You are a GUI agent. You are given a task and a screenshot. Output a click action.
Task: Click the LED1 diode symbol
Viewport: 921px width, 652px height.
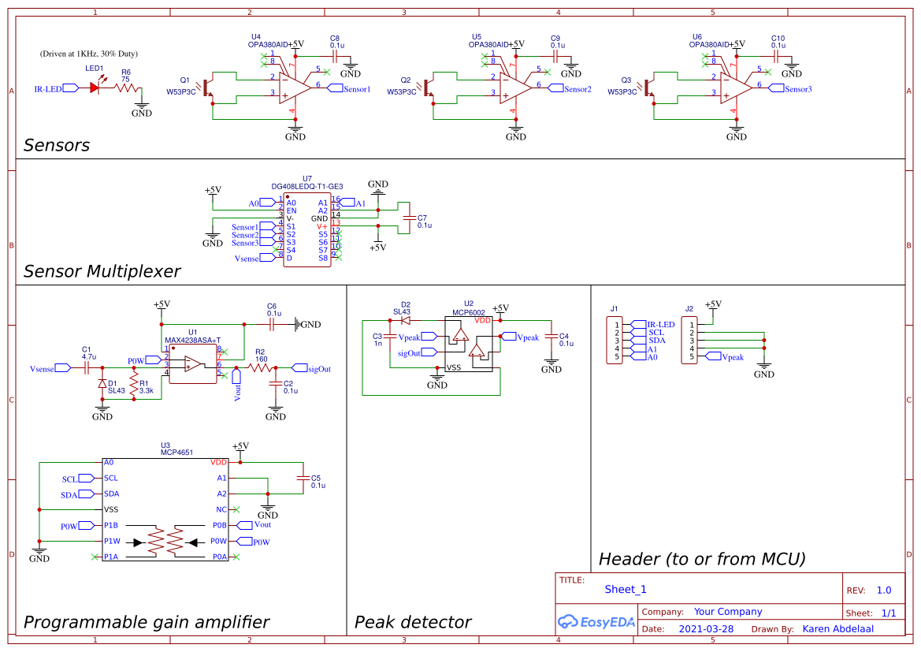click(96, 88)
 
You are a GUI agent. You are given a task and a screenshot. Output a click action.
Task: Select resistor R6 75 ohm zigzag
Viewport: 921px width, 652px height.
click(126, 88)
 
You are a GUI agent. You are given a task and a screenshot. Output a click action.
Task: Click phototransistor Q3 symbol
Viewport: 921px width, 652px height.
click(649, 88)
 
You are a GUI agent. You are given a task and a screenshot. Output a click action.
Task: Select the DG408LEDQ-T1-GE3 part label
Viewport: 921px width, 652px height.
click(306, 187)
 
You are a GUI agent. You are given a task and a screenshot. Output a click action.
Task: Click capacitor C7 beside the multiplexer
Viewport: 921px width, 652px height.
click(407, 217)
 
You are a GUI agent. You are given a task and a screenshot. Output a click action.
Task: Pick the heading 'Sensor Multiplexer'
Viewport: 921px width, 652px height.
click(102, 272)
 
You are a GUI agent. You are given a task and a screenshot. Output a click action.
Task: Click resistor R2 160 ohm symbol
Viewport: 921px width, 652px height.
click(260, 367)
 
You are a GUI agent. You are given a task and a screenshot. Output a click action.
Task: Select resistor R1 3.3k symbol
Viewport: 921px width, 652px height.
click(134, 386)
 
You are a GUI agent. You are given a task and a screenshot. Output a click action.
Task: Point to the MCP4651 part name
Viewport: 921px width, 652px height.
click(176, 453)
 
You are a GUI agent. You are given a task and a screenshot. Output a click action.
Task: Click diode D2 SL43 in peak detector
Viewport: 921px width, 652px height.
click(406, 321)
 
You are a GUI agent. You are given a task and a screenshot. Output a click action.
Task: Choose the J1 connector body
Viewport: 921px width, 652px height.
click(614, 340)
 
